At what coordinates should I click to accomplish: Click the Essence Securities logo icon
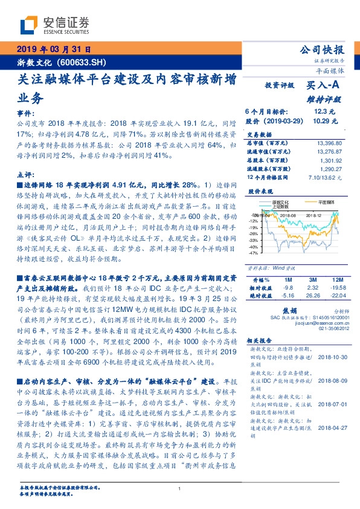tap(30, 26)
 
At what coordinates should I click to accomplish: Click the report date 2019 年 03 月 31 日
tap(53, 50)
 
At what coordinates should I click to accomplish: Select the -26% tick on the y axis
tap(253, 233)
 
